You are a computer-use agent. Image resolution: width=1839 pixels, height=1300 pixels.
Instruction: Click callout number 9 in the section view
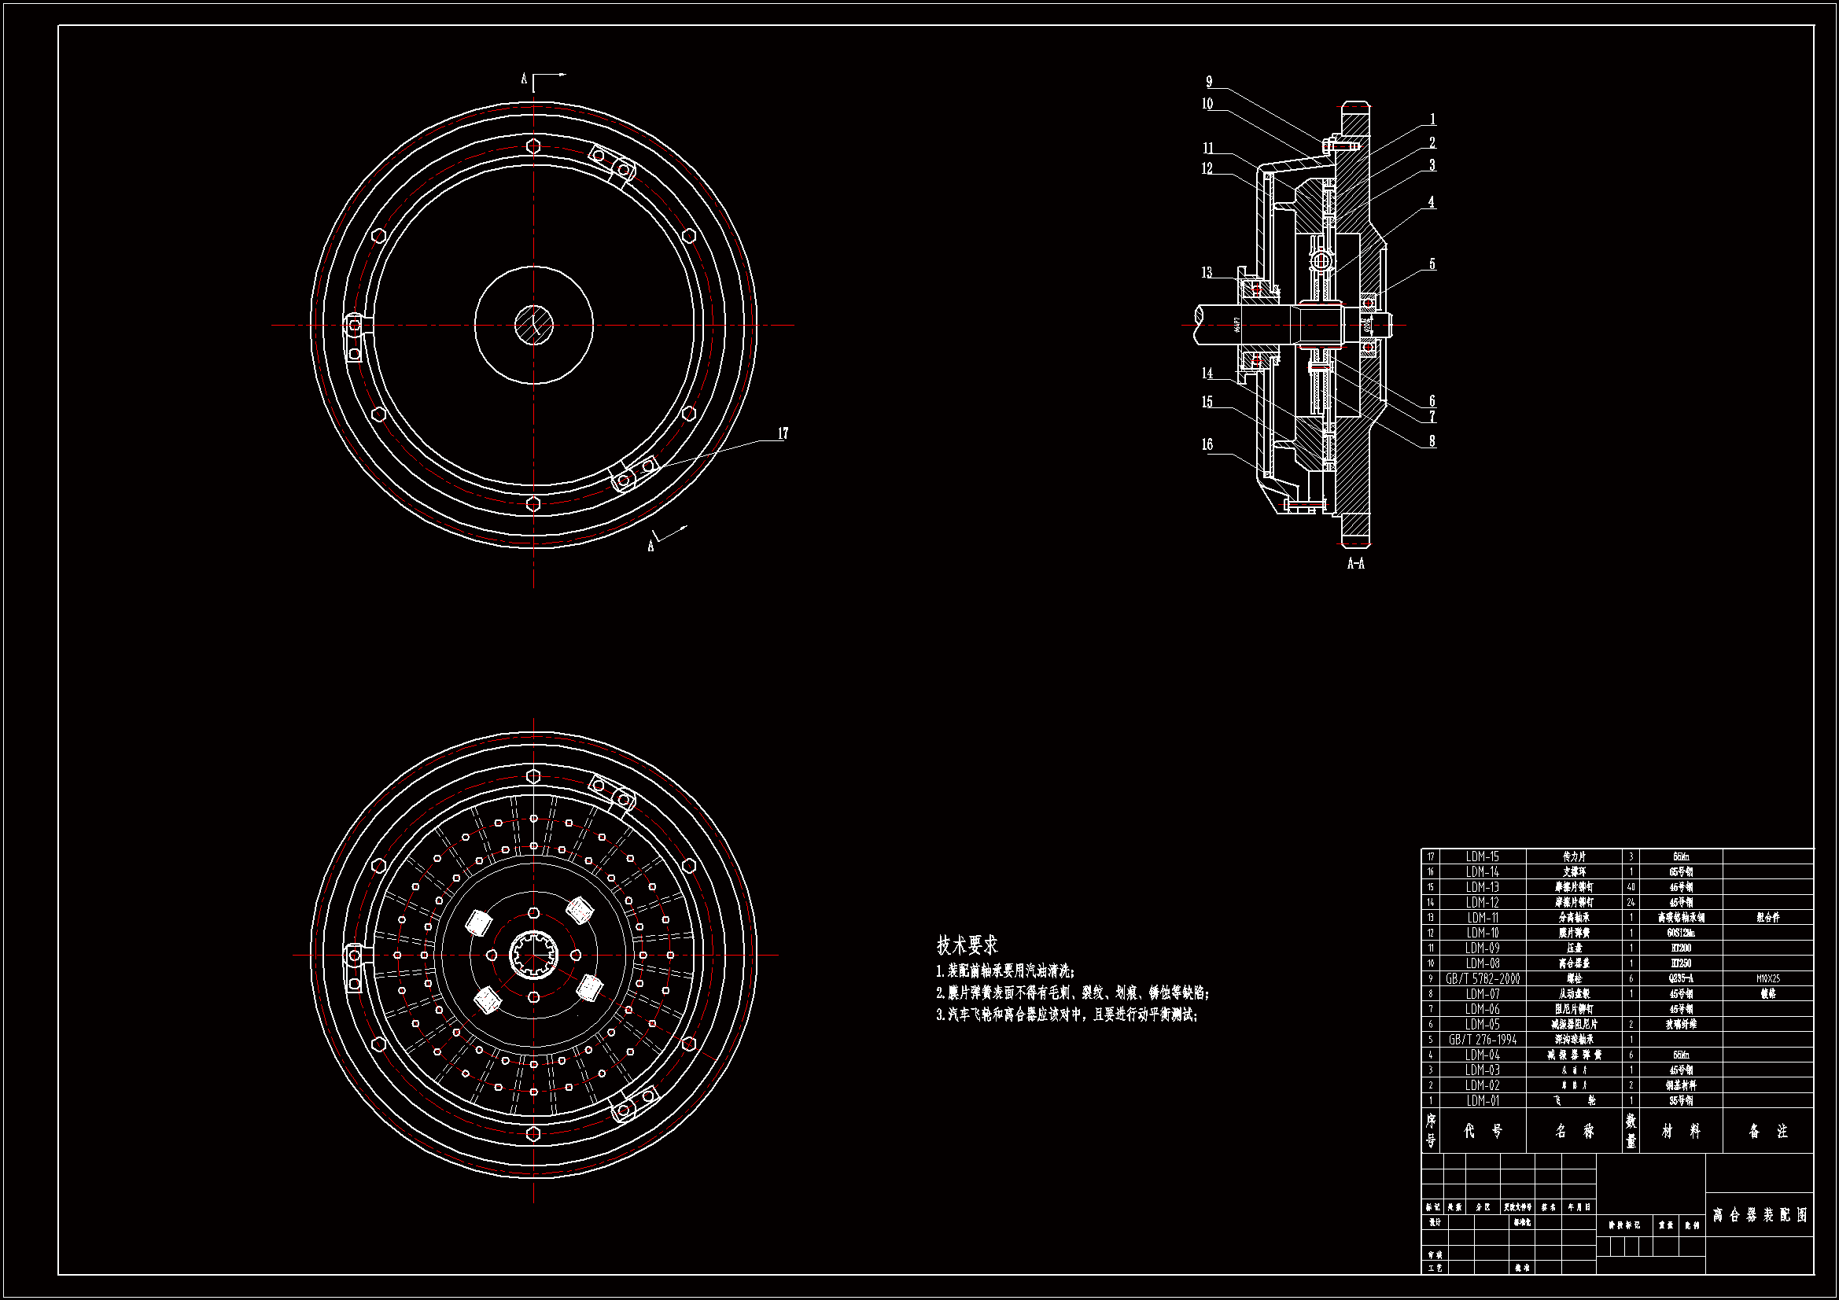pos(1209,82)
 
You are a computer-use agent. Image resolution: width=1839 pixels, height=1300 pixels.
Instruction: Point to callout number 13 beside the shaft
pos(1207,273)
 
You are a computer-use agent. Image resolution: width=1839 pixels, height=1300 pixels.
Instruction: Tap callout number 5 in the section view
pos(1432,264)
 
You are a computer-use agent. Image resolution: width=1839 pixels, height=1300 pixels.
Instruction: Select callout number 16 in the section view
pos(1207,444)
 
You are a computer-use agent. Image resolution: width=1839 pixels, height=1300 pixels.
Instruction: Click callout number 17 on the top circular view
pos(783,433)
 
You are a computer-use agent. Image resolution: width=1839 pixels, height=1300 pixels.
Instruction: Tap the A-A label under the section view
pos(1355,564)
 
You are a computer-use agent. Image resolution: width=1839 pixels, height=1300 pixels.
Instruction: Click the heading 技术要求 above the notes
pos(967,945)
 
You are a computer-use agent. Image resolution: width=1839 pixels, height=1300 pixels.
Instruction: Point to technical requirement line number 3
pos(1067,1015)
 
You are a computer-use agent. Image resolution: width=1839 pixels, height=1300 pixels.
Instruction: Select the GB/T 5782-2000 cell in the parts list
pos(1483,979)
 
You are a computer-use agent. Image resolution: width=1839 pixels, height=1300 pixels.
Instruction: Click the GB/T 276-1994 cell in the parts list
pos(1483,1040)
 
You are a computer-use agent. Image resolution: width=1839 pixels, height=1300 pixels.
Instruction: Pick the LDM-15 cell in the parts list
pos(1483,857)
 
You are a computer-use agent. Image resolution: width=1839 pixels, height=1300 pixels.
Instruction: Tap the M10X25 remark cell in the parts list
pos(1767,979)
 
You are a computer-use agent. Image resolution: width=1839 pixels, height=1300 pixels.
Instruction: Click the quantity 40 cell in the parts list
pos(1631,887)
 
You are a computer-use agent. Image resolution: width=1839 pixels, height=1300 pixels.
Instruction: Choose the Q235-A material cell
pos(1680,979)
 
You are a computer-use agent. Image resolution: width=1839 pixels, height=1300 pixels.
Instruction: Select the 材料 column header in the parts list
pos(1680,1131)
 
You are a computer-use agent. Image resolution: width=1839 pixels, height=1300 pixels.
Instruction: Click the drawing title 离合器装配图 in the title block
pos(1760,1215)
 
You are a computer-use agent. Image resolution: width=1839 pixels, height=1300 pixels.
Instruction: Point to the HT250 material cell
pos(1680,963)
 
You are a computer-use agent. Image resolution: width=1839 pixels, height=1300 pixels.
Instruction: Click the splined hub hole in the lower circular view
pos(533,955)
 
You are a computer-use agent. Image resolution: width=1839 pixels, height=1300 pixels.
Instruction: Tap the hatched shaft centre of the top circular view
pos(533,326)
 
